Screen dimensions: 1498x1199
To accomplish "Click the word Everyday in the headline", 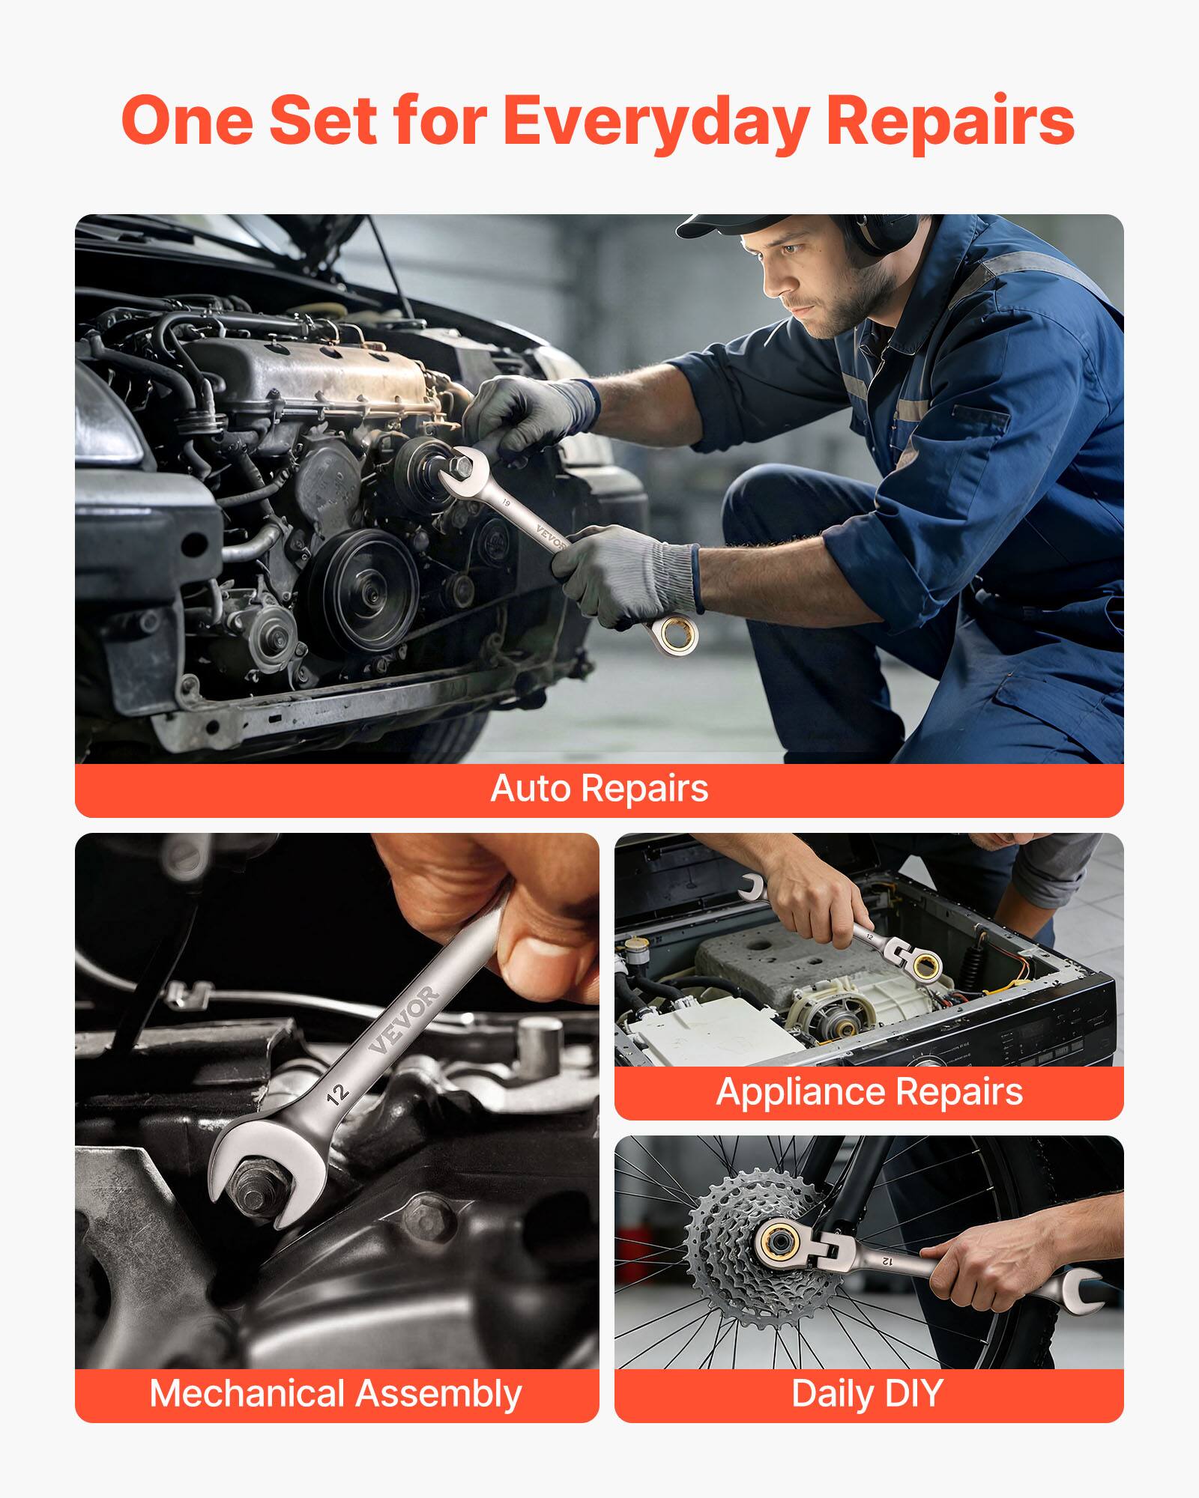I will coord(655,121).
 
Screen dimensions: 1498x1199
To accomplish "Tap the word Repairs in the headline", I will coord(950,121).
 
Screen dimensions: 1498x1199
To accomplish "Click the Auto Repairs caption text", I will coord(599,789).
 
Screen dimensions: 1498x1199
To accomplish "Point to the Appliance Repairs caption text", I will coord(869,1091).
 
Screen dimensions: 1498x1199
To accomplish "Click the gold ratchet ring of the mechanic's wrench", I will coord(679,635).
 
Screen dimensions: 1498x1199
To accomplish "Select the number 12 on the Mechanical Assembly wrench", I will coord(338,1094).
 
